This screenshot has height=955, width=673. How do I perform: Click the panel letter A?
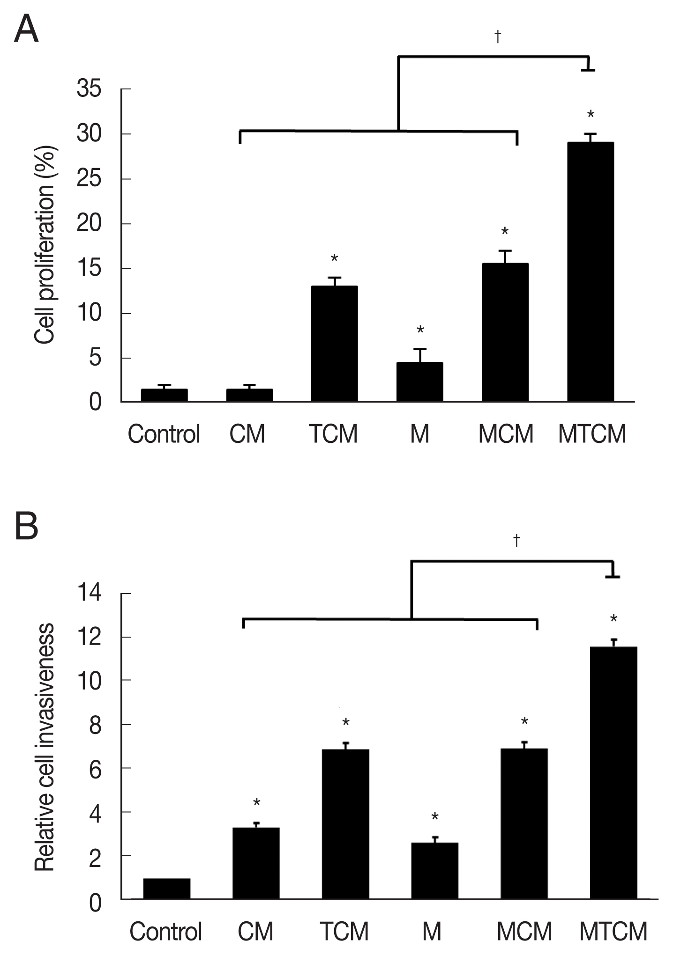click(26, 29)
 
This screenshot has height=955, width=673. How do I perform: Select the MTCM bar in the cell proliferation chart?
click(591, 272)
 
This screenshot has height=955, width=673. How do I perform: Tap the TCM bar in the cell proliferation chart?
click(334, 344)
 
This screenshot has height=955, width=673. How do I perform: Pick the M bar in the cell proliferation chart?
click(419, 382)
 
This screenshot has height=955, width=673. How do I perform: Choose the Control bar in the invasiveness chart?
click(166, 889)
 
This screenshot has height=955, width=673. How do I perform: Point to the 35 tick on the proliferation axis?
click(89, 89)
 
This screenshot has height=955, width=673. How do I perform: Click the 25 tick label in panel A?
click(89, 179)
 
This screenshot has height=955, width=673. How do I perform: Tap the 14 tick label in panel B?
click(89, 594)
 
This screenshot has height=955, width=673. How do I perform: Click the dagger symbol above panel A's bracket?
click(498, 37)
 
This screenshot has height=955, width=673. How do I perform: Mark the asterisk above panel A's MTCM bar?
click(591, 115)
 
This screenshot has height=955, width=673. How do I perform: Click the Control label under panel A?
click(164, 434)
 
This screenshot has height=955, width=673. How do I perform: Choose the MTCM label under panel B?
click(613, 931)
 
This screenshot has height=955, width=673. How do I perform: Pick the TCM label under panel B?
click(344, 931)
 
